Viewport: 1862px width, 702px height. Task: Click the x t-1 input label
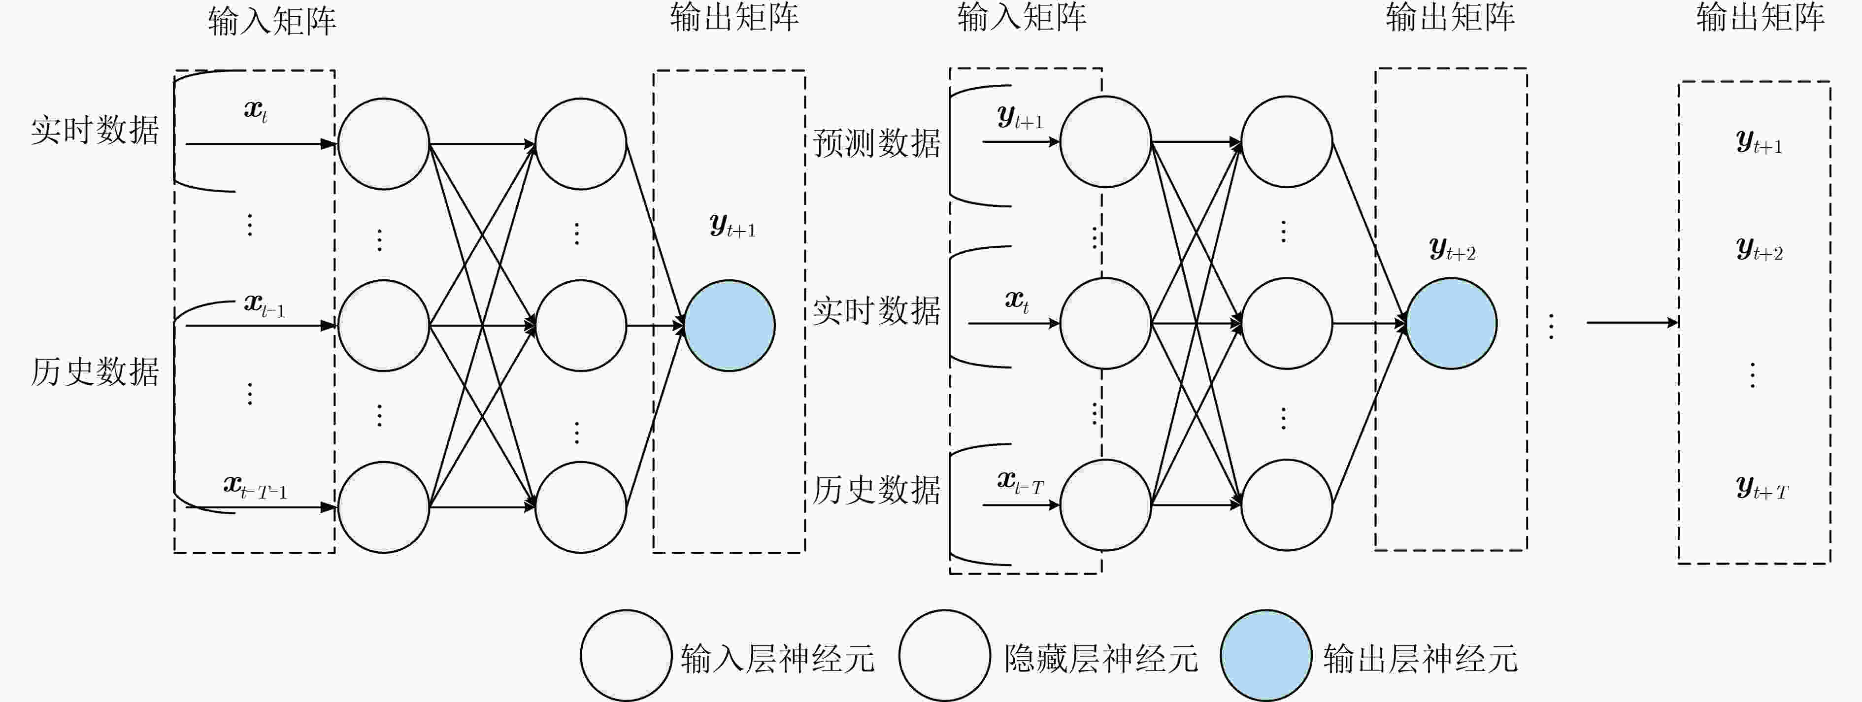click(x=265, y=305)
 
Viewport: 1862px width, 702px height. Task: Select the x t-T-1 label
click(x=255, y=487)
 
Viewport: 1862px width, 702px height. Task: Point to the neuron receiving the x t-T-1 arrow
click(x=384, y=507)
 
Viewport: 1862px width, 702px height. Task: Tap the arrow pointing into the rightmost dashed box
click(x=1632, y=323)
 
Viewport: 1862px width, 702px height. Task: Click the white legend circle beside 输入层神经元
click(x=626, y=656)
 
